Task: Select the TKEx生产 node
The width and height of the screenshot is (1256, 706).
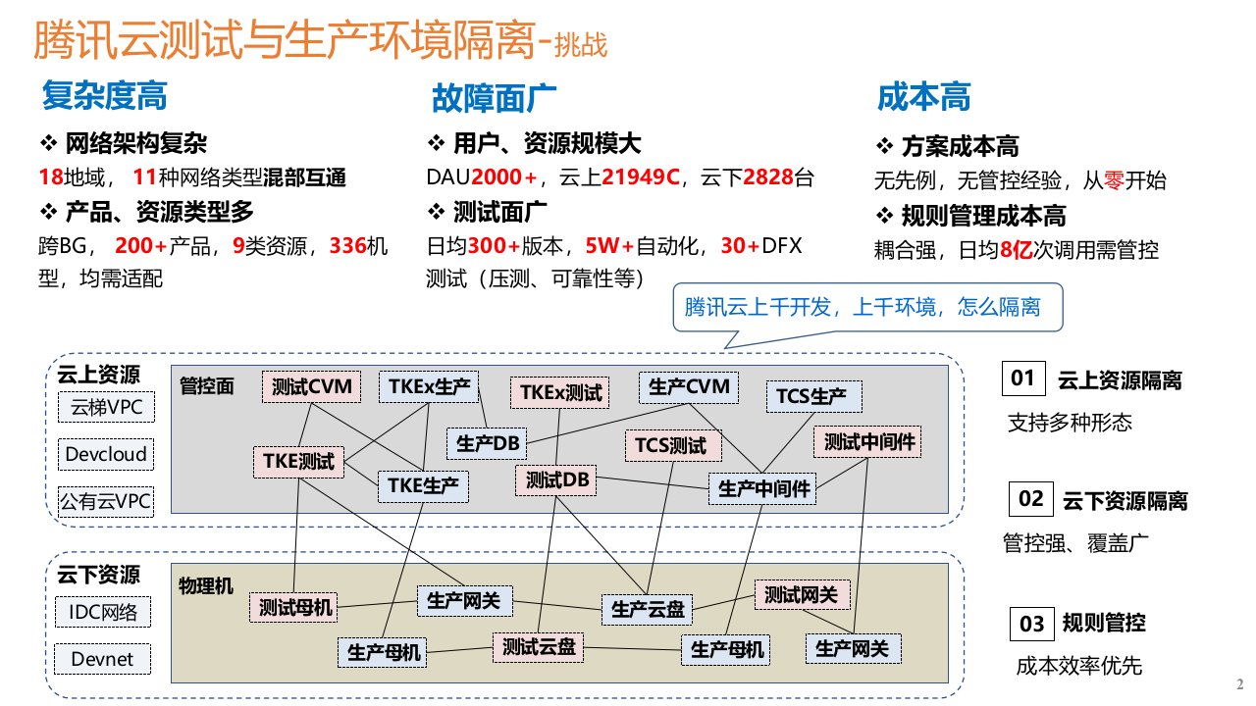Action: tap(428, 386)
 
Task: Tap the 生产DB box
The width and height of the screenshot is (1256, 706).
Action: tap(487, 443)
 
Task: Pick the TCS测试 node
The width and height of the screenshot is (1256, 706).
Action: tap(670, 446)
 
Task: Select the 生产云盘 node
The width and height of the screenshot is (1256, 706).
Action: tap(648, 609)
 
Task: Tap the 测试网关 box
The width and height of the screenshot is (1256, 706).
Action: tap(801, 594)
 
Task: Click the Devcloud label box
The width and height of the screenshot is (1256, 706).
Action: tap(106, 454)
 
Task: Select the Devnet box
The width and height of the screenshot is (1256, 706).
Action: tap(103, 659)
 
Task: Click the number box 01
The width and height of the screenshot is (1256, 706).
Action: tap(1023, 378)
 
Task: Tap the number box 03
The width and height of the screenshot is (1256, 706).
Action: tap(1031, 624)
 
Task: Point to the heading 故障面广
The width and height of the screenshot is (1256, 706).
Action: tap(495, 98)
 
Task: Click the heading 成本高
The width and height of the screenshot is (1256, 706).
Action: tap(923, 98)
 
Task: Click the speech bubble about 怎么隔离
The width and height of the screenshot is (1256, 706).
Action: tap(863, 308)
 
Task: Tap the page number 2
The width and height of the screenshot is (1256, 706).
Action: tap(1238, 683)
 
